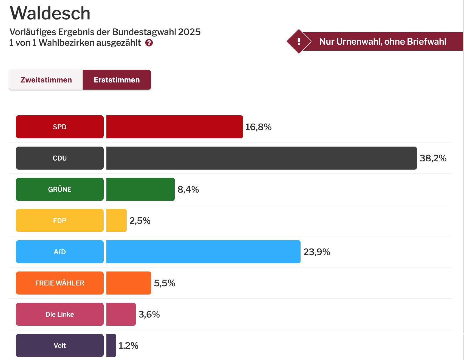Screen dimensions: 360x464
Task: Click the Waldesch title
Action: (x=50, y=13)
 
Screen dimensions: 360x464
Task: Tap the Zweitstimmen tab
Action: (x=46, y=80)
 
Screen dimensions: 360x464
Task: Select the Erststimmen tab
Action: (x=117, y=80)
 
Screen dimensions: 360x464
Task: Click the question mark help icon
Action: (x=149, y=43)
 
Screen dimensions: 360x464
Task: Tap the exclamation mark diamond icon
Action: (x=299, y=41)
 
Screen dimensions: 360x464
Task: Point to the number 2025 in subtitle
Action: (x=189, y=32)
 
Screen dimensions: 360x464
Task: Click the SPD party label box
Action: (x=60, y=127)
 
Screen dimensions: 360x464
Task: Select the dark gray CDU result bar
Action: (x=261, y=158)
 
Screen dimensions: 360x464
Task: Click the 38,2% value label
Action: (x=433, y=158)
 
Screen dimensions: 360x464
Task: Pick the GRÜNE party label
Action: (x=60, y=189)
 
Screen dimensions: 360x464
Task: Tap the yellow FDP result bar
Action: (x=117, y=221)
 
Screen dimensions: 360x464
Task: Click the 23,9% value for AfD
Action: (x=316, y=252)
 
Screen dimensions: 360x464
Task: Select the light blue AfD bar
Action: (x=203, y=252)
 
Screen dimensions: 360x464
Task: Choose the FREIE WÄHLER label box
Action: (x=60, y=283)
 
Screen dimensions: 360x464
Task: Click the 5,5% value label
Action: (x=165, y=283)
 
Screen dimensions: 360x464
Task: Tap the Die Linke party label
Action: (x=60, y=314)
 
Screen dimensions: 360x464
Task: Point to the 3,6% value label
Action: (x=149, y=314)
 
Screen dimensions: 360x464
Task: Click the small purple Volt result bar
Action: (x=111, y=345)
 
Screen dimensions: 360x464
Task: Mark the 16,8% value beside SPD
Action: (x=258, y=127)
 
